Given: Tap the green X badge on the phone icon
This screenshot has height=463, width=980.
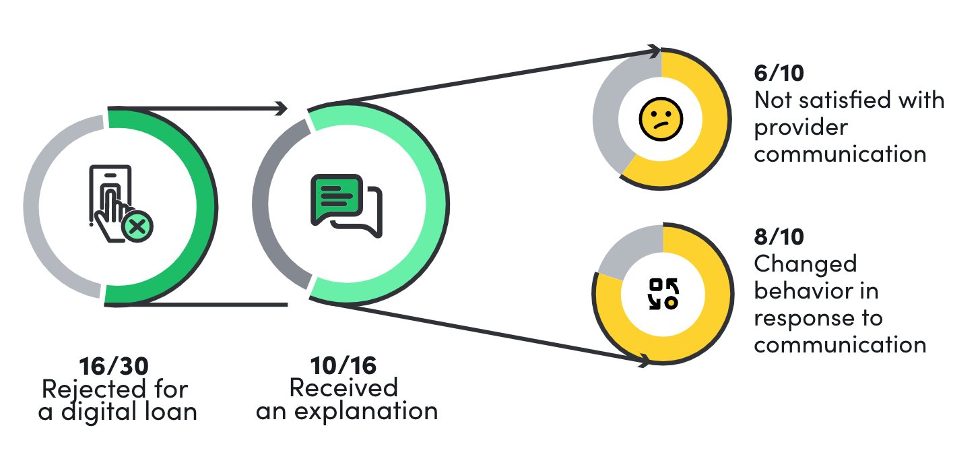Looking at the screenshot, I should [x=137, y=226].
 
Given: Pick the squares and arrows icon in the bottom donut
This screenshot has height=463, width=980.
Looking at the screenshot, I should [x=663, y=294].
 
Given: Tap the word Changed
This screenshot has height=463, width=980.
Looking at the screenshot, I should [x=805, y=264].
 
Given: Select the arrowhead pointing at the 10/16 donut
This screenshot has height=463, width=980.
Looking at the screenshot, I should [x=282, y=108].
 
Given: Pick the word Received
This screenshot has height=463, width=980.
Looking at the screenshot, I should [x=344, y=388].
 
